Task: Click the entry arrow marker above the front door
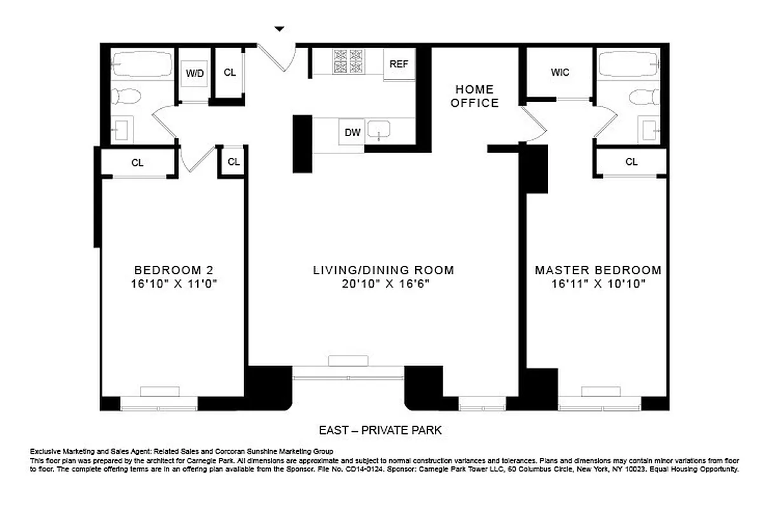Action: (x=278, y=29)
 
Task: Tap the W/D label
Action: (x=195, y=74)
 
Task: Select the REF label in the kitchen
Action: (x=399, y=64)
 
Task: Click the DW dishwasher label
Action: (x=352, y=132)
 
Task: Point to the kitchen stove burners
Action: (x=347, y=61)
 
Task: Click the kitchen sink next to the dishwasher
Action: (x=380, y=132)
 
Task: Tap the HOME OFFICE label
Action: (x=474, y=96)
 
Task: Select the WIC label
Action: (x=560, y=73)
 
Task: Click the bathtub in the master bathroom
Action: (x=629, y=64)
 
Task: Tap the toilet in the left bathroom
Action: (x=127, y=97)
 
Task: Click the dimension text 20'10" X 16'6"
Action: (x=383, y=284)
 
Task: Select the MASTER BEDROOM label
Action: (x=598, y=270)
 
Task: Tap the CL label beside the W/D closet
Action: (x=230, y=73)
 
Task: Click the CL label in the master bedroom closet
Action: (x=631, y=162)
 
